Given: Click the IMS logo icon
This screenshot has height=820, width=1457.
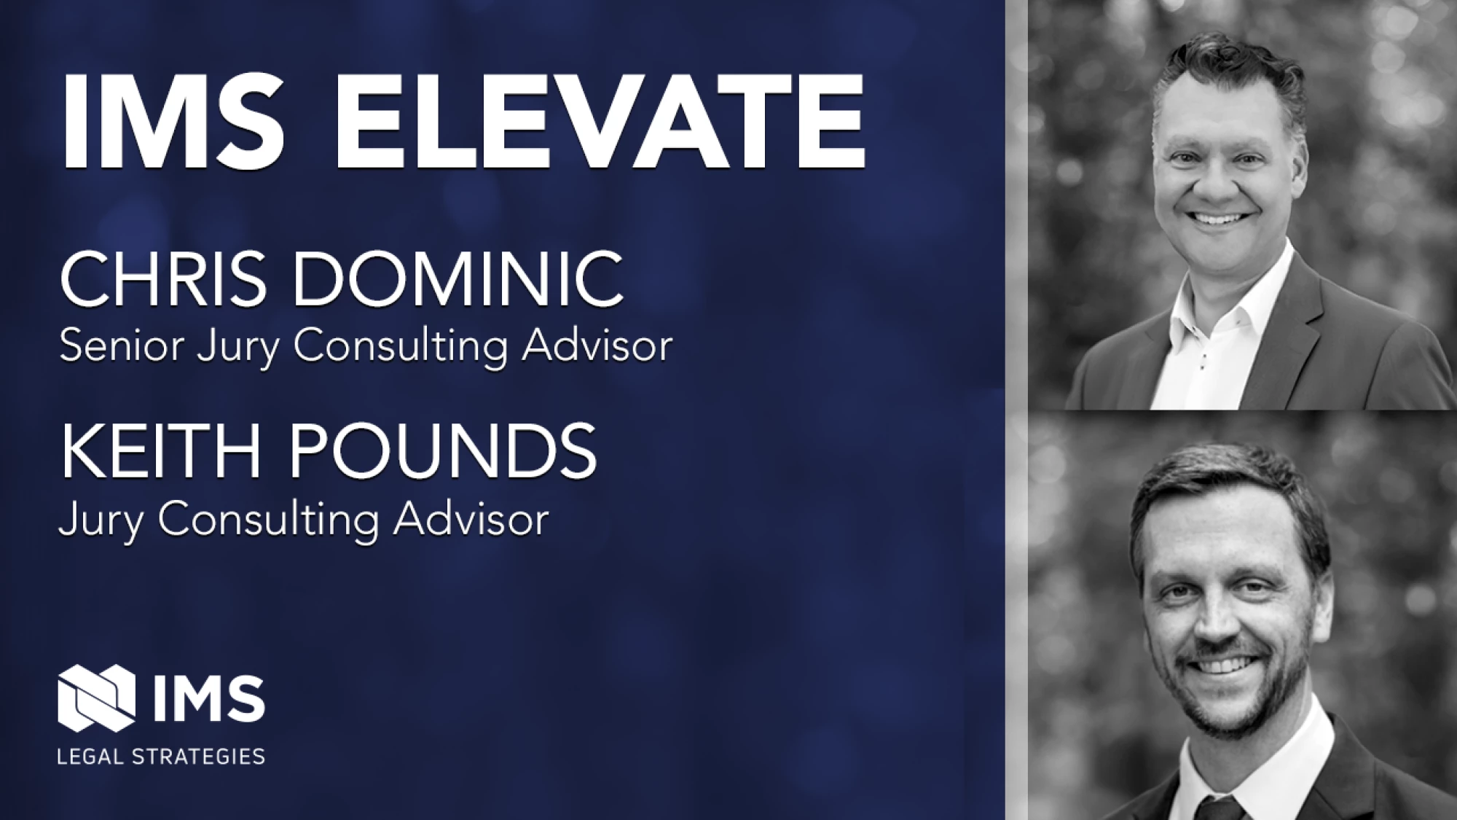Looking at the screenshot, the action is (96, 698).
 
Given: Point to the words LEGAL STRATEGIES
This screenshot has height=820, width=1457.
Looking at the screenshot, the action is (161, 756).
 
